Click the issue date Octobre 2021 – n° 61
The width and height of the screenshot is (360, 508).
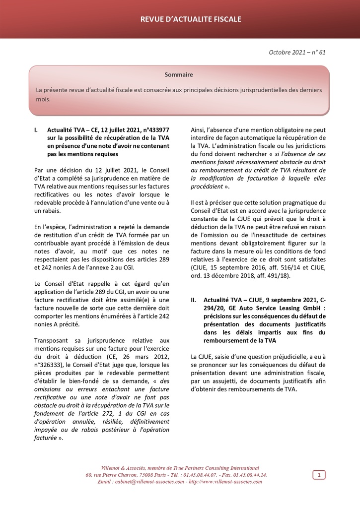297,52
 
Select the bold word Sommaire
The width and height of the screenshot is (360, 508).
179,75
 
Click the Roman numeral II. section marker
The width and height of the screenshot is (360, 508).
194,300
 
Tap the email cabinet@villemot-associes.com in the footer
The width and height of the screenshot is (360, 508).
149,482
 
